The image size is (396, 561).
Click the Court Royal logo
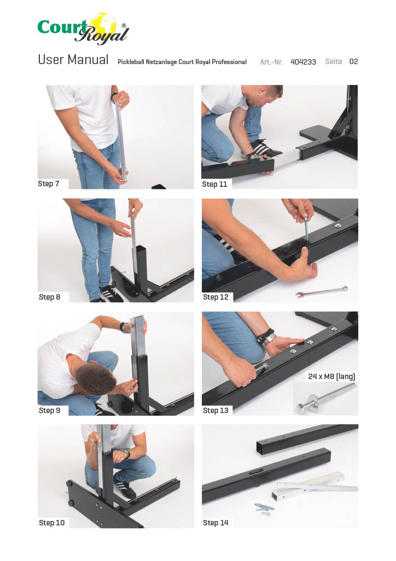(x=83, y=28)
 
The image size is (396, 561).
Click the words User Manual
(x=73, y=60)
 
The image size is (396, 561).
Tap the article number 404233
(x=303, y=62)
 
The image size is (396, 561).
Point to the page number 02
(x=353, y=61)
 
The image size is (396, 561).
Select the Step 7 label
(x=49, y=184)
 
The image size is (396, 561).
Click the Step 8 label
(x=49, y=297)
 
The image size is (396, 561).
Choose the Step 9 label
(x=49, y=410)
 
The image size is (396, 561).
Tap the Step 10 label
(x=52, y=523)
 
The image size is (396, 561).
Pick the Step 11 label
(x=214, y=184)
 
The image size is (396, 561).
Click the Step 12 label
(x=216, y=297)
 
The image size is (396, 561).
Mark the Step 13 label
(x=216, y=410)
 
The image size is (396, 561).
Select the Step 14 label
(x=216, y=523)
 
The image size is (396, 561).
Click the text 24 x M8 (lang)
(x=331, y=376)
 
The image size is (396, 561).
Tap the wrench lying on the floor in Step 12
(x=322, y=292)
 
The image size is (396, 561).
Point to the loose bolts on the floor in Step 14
(x=264, y=508)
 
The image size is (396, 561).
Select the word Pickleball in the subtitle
(x=131, y=62)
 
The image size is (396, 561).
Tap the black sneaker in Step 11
(x=264, y=149)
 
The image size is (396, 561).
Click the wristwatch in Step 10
(x=127, y=454)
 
